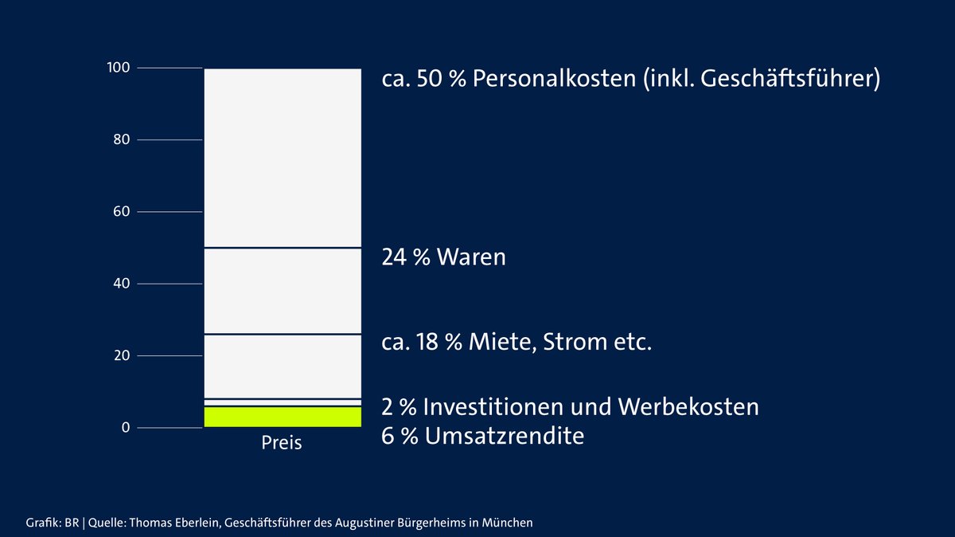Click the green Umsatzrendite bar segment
coord(283,417)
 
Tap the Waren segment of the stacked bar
coord(283,291)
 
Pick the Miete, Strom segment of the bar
coord(283,366)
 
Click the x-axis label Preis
coord(282,443)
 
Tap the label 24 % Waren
coord(444,257)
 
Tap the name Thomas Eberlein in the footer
coord(173,523)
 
